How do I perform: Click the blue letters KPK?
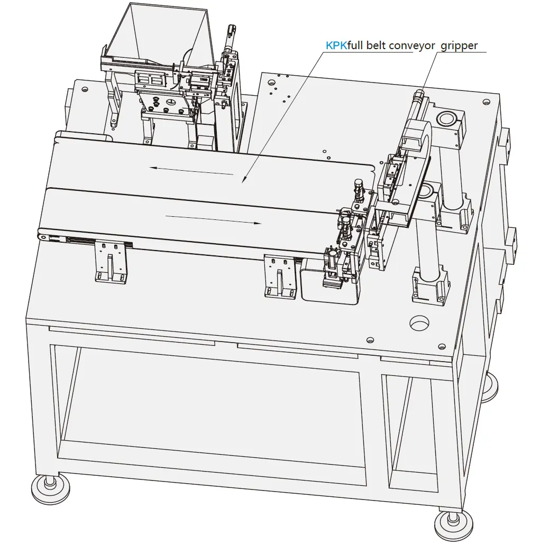point(336,46)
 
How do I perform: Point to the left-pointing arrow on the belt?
point(190,170)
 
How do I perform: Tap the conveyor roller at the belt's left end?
point(42,235)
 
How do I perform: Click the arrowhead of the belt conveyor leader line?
point(244,182)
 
